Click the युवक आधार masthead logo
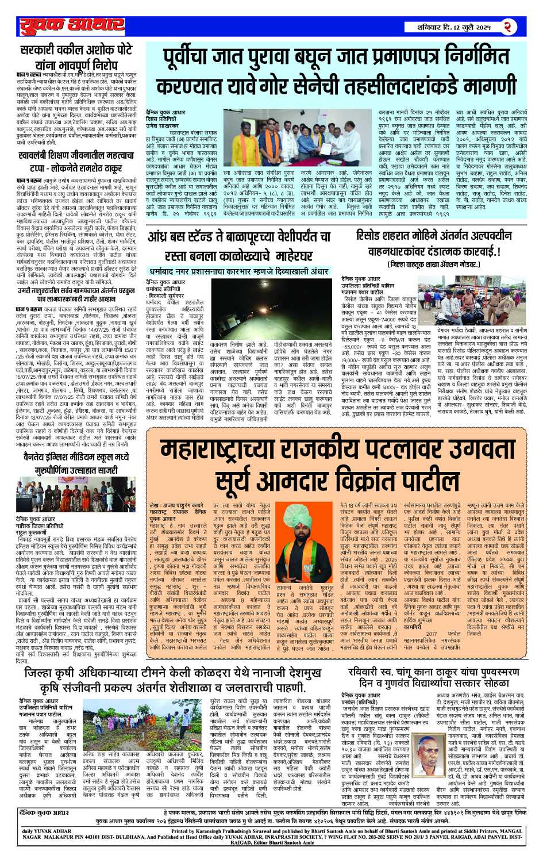click(72, 25)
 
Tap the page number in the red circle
click(508, 26)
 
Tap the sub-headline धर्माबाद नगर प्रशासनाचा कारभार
click(238, 271)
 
